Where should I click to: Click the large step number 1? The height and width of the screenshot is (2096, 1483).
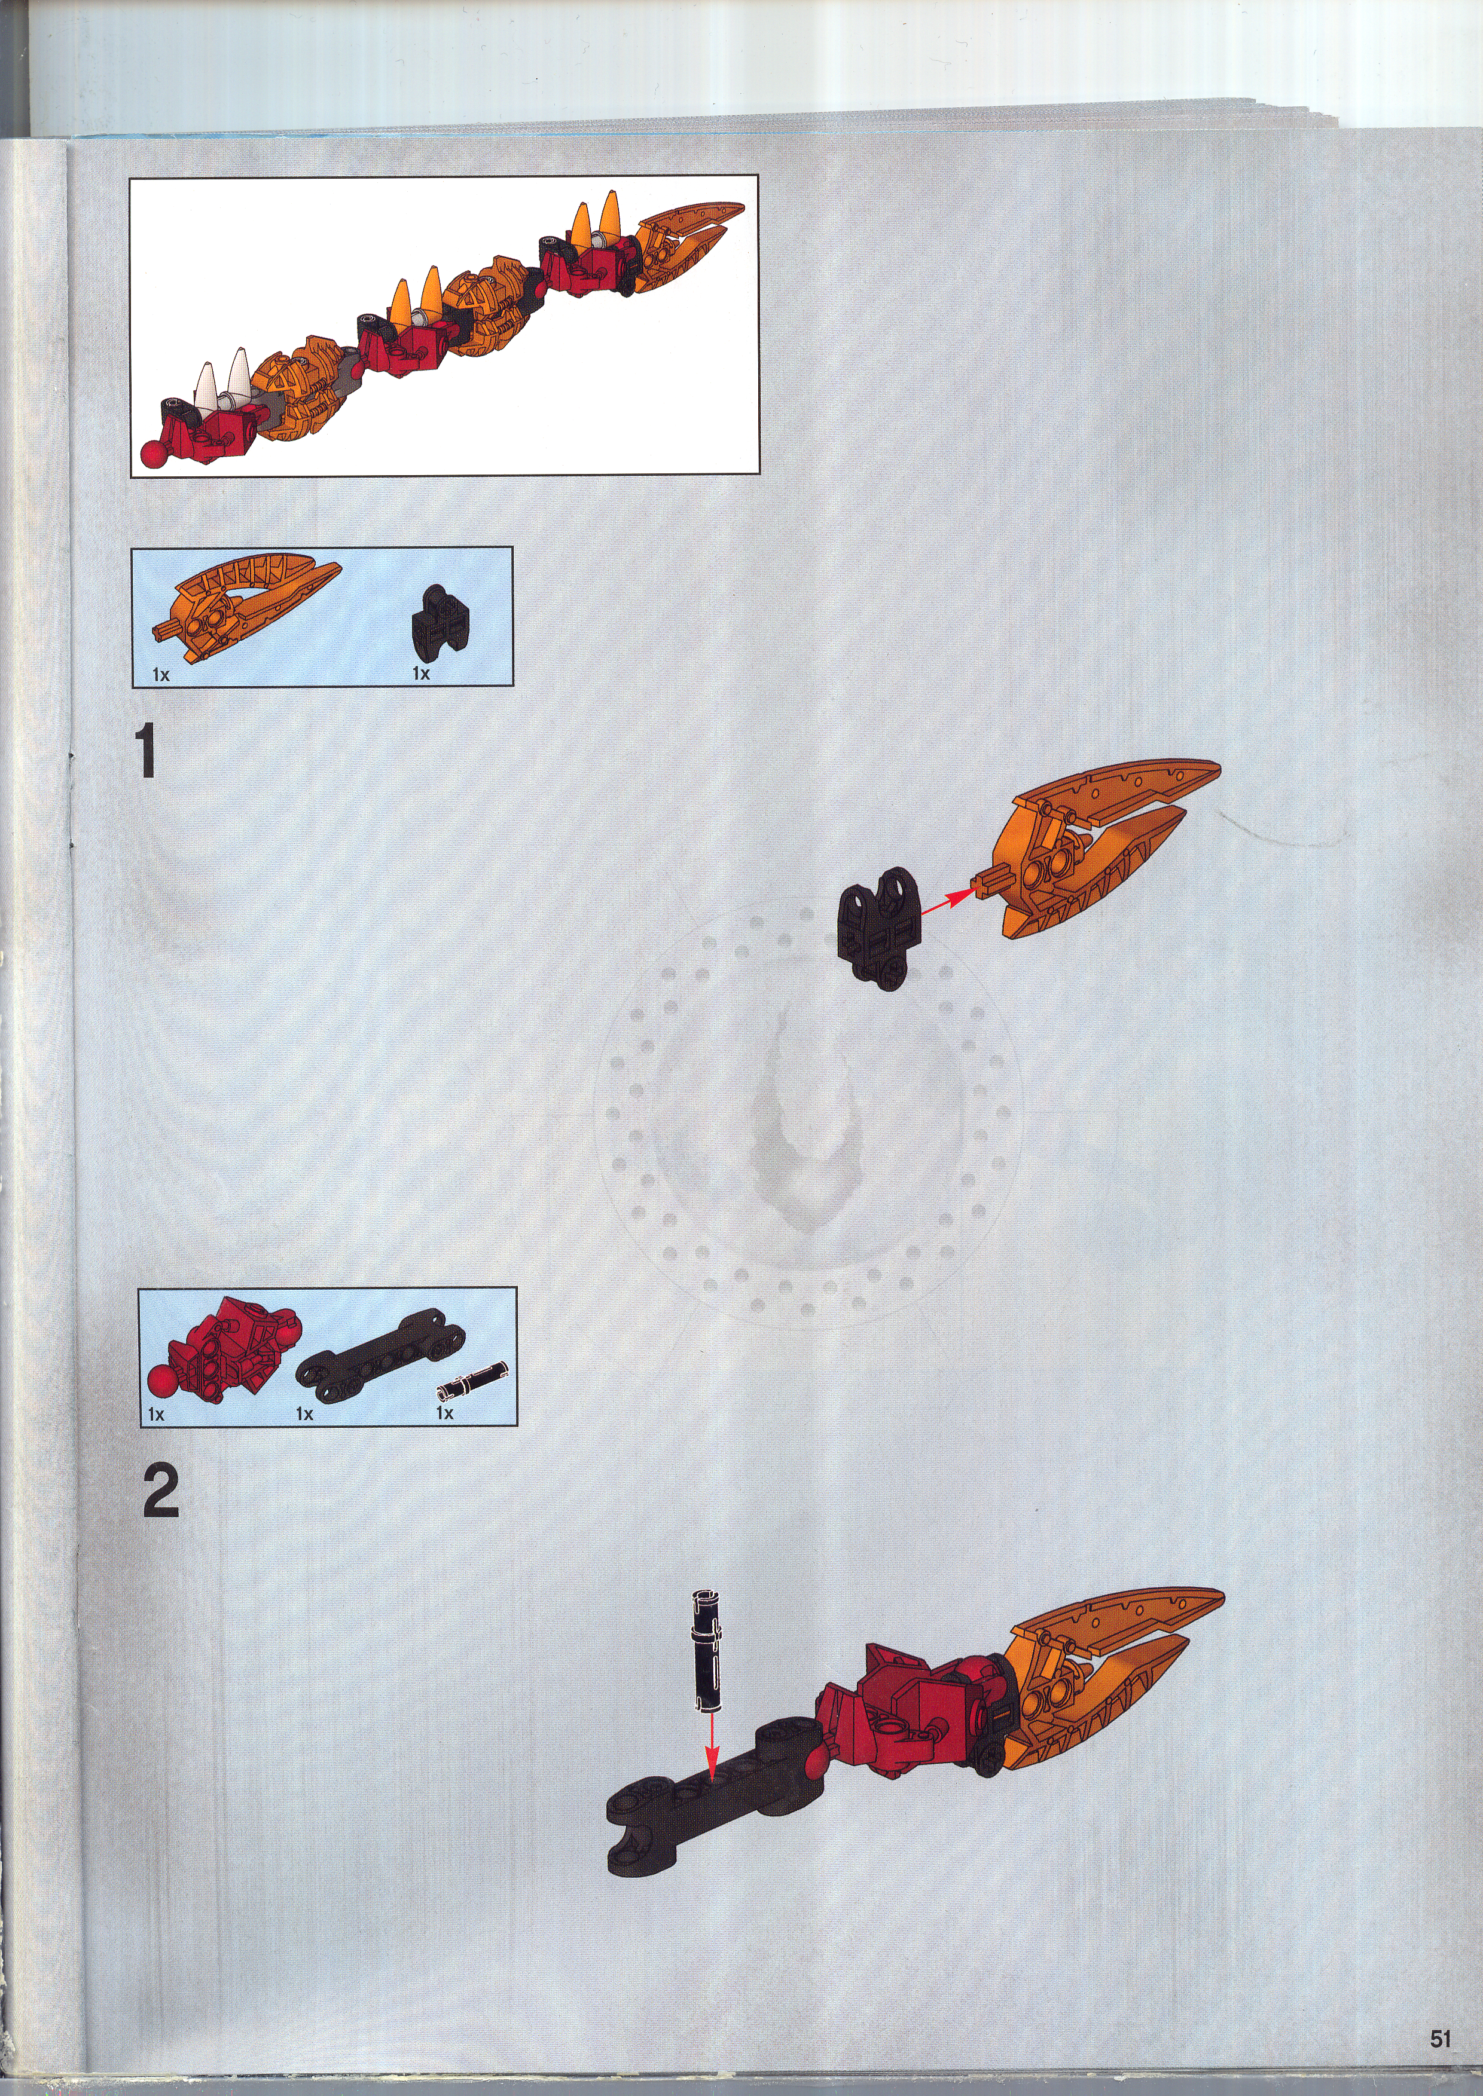[x=146, y=751]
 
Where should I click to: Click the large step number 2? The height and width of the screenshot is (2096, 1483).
[x=161, y=1491]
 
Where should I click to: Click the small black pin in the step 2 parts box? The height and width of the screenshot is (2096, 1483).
[x=472, y=1378]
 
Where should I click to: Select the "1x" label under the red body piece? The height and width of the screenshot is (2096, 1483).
[x=156, y=1414]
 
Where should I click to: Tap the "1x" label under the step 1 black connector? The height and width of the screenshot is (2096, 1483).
[x=421, y=673]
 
